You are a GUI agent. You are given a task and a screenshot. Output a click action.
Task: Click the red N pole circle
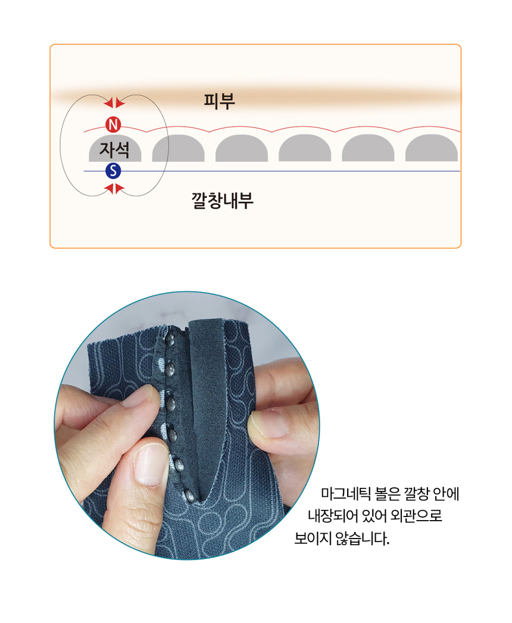113,124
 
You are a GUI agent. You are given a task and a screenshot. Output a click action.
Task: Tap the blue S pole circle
113,172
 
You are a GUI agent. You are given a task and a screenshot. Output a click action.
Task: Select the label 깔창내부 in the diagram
223,200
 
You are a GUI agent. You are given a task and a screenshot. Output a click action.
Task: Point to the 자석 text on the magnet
114,148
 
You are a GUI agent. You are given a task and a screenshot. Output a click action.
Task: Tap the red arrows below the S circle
114,189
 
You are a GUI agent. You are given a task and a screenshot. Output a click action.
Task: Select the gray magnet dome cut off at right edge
432,149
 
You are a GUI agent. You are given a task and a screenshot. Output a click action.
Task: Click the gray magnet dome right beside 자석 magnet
178,149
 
